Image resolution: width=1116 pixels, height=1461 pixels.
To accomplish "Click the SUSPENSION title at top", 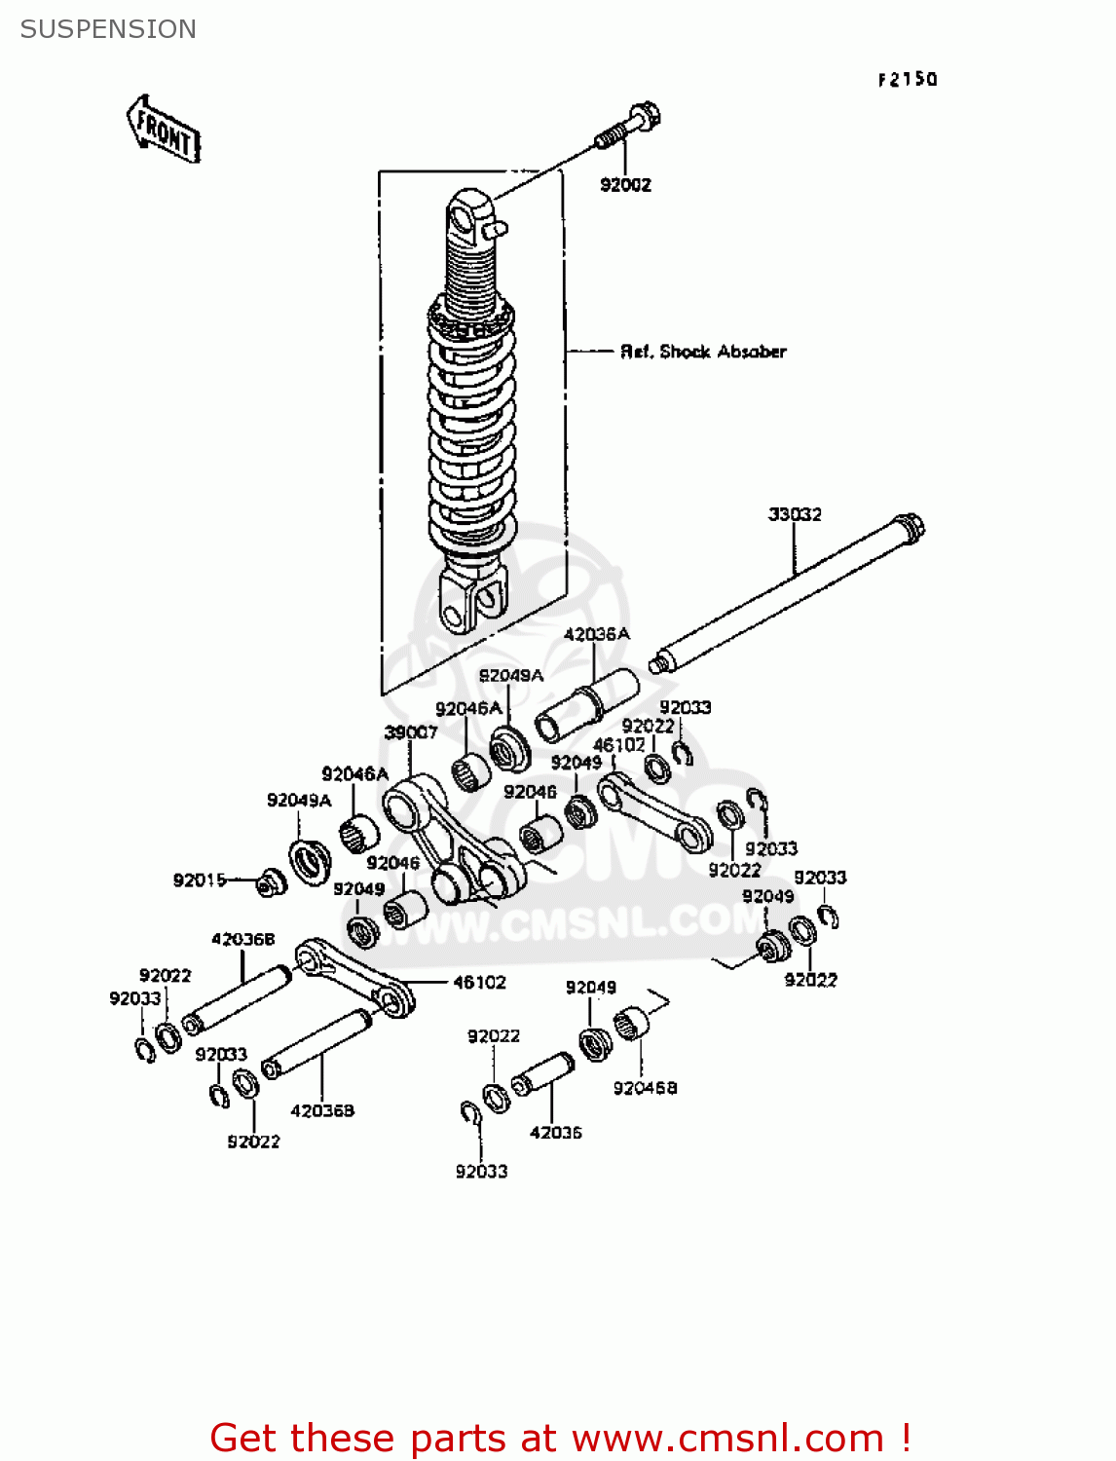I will [x=108, y=29].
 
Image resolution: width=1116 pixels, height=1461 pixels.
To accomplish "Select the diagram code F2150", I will [x=907, y=80].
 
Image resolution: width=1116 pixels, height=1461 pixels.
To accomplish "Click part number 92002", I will [x=625, y=185].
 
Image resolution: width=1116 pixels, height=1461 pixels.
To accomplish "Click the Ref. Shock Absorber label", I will [x=703, y=352].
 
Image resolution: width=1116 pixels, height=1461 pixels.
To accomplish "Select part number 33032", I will [x=795, y=514].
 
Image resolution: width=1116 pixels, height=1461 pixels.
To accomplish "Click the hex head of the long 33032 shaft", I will [x=911, y=528].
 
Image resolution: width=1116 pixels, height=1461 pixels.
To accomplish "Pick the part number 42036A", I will [x=596, y=634].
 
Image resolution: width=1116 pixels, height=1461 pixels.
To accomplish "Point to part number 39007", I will [x=411, y=732].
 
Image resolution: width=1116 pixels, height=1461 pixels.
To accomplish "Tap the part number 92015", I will [x=200, y=880].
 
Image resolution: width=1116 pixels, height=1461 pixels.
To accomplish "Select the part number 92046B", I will [x=645, y=1088].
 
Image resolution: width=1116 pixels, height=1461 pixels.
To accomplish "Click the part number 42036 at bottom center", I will [x=555, y=1133].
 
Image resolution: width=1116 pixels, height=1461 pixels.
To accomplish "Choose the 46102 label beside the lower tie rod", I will [x=479, y=983].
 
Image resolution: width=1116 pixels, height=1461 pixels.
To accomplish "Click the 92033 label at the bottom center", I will [x=481, y=1172].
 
